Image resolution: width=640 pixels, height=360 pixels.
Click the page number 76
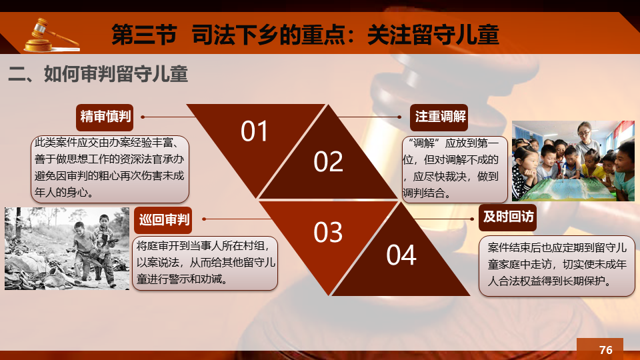tap(606, 350)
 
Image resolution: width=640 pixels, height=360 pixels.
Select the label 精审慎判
tap(105, 117)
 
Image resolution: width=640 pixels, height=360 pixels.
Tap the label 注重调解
tap(439, 117)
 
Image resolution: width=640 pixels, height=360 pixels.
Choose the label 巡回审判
tap(163, 220)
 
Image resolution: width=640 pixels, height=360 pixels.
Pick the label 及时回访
tap(508, 217)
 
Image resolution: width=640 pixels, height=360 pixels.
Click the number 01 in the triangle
tap(254, 131)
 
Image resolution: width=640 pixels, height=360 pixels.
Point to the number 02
tap(328, 161)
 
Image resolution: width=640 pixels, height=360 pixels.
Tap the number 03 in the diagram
tap(328, 233)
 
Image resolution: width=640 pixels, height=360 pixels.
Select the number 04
tap(401, 255)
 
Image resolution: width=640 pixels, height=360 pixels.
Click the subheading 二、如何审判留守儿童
tap(98, 74)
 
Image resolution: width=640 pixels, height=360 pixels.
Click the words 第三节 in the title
tap(144, 35)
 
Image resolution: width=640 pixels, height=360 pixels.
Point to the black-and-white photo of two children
tap(67, 249)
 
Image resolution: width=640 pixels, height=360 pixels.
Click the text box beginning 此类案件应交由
tap(110, 169)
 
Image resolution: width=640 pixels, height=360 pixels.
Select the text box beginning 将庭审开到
tap(205, 263)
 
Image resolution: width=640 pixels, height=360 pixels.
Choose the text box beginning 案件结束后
tap(557, 266)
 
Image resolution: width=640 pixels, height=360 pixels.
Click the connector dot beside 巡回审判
tap(204, 219)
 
